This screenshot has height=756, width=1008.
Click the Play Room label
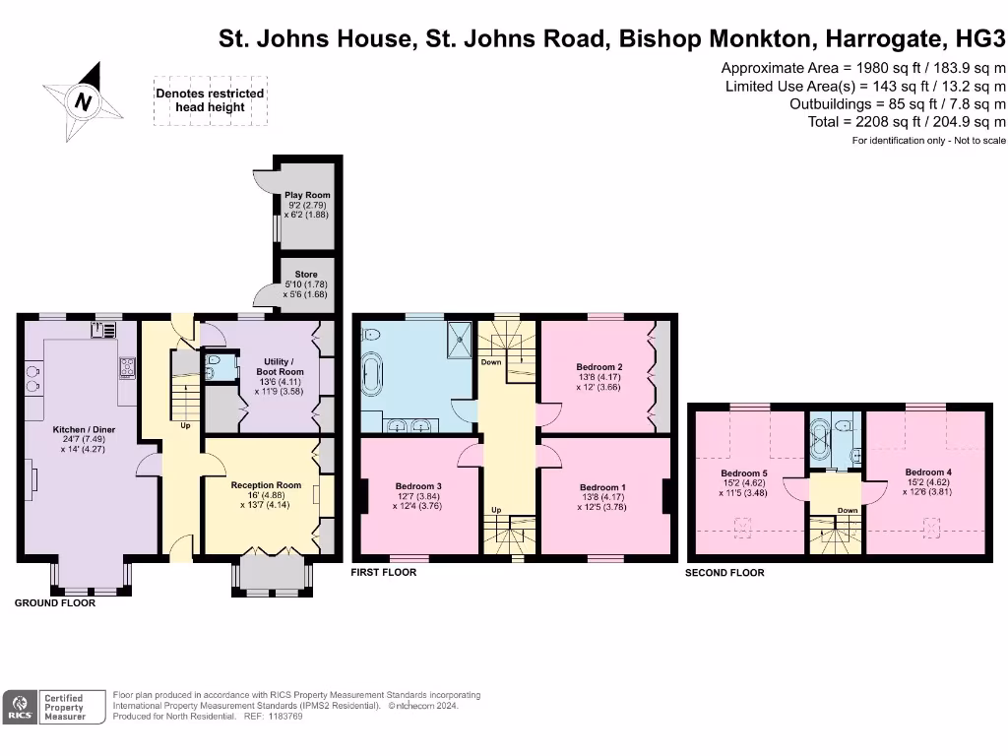tap(307, 195)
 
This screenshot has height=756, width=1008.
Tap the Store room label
tap(306, 274)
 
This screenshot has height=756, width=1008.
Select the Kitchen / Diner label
tap(85, 429)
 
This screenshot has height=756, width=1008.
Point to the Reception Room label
tap(266, 485)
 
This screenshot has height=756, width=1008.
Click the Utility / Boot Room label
tap(280, 366)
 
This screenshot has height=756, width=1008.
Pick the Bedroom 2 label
tap(599, 367)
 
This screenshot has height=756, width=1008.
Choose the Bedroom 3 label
tap(418, 486)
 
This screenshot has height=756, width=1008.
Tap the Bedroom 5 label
tap(744, 473)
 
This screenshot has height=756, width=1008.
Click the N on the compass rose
tap(83, 101)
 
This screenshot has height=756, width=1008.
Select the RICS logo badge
tap(20, 707)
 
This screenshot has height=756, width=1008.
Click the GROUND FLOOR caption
tap(55, 603)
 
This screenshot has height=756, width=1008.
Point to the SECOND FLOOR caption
tap(724, 573)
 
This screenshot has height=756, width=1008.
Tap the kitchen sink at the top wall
tap(103, 330)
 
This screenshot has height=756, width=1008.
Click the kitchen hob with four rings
tap(127, 367)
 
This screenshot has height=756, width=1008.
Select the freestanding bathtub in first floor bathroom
tap(371, 377)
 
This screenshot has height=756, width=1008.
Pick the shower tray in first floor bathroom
tap(459, 339)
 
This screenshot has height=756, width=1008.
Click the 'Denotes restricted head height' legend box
tap(211, 100)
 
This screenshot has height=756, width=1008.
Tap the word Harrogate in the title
tap(884, 38)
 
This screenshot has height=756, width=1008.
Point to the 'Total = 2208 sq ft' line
tap(907, 121)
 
